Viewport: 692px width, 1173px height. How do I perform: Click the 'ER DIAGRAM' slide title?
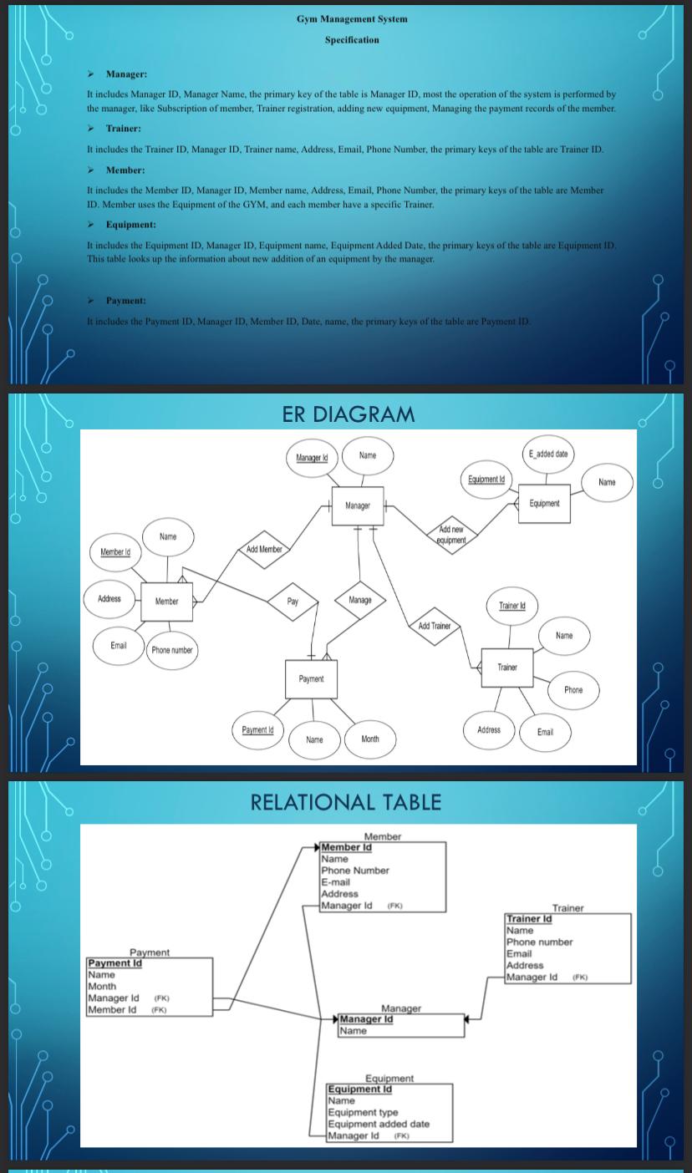(348, 414)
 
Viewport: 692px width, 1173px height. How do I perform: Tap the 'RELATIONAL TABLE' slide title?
(346, 802)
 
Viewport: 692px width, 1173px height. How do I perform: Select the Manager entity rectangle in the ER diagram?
(358, 506)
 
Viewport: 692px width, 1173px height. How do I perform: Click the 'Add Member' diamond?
(264, 549)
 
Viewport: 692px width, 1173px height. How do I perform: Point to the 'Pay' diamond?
(293, 602)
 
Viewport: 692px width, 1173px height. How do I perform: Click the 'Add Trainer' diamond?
(434, 626)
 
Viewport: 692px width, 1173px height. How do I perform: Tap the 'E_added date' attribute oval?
(547, 454)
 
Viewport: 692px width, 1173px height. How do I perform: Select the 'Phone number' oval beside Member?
(172, 650)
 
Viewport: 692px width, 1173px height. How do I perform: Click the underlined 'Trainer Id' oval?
(511, 605)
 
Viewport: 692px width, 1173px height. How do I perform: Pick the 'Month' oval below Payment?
(370, 739)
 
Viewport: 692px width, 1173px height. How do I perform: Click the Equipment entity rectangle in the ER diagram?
(544, 504)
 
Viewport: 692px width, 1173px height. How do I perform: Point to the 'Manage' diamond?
(360, 600)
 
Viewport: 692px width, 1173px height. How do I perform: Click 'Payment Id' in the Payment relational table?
(115, 963)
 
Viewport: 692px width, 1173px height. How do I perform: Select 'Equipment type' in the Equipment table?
(363, 1112)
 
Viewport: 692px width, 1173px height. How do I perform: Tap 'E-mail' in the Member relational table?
(336, 882)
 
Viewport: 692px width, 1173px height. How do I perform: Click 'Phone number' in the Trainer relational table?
(539, 942)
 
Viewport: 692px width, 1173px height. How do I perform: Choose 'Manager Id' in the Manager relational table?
(366, 1019)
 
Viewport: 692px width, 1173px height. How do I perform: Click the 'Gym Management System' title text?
(352, 18)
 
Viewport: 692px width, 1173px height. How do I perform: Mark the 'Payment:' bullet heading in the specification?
(125, 300)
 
